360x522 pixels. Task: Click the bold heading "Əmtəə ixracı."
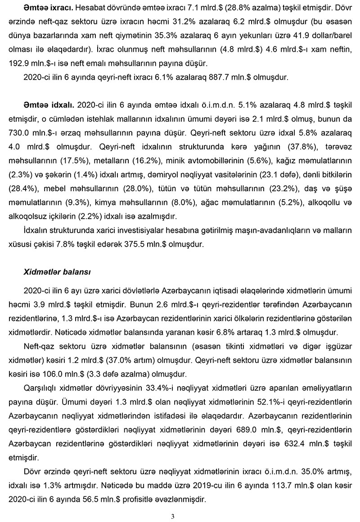[x=49, y=9]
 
